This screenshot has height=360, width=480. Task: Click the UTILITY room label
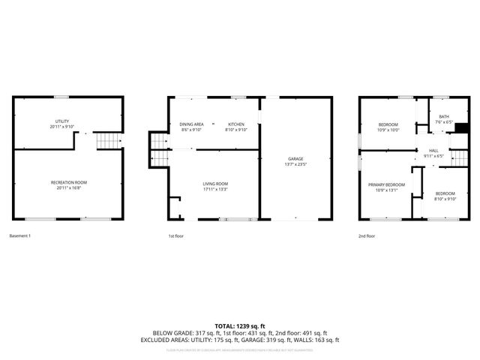click(x=61, y=121)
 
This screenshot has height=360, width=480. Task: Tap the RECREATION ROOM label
click(x=69, y=182)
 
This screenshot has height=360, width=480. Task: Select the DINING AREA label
click(x=192, y=124)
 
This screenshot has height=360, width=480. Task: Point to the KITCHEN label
click(x=236, y=124)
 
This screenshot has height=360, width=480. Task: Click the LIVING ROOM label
click(x=215, y=184)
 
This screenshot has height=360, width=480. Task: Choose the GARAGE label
click(x=295, y=159)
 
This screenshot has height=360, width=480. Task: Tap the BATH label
click(x=444, y=116)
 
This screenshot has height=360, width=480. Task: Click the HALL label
click(x=433, y=150)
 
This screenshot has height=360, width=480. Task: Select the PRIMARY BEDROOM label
click(x=386, y=184)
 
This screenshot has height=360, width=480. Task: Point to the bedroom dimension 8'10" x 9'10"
click(x=445, y=199)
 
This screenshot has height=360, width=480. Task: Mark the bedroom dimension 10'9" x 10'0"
click(x=388, y=130)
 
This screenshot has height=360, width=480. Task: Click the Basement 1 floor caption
click(x=19, y=236)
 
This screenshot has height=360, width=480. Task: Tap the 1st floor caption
click(x=175, y=236)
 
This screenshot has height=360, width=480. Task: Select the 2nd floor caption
click(x=367, y=236)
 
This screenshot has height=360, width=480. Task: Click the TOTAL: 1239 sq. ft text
click(x=240, y=325)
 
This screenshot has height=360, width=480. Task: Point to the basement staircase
click(x=110, y=140)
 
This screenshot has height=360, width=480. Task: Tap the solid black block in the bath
click(x=462, y=127)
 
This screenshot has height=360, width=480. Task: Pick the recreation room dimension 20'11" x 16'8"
click(x=69, y=188)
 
